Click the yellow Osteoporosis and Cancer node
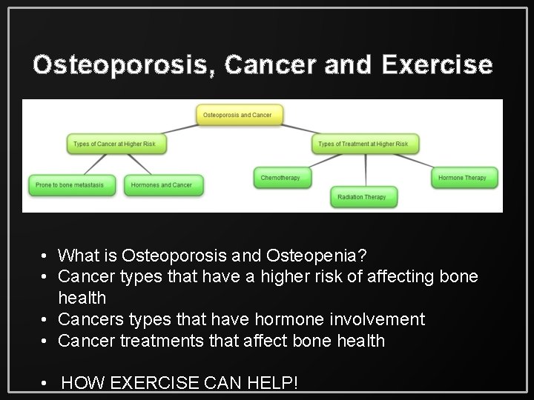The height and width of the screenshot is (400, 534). (240, 115)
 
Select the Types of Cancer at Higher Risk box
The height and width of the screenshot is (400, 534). (116, 143)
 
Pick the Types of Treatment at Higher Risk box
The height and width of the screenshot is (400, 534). (363, 143)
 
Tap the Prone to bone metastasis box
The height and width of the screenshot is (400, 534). (72, 184)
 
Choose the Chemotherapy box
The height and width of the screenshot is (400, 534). (281, 178)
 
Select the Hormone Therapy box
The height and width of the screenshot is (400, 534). (462, 178)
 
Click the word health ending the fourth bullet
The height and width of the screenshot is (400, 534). (359, 340)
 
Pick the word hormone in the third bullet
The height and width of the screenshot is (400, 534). (253, 319)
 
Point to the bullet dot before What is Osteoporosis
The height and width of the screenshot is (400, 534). (46, 256)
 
